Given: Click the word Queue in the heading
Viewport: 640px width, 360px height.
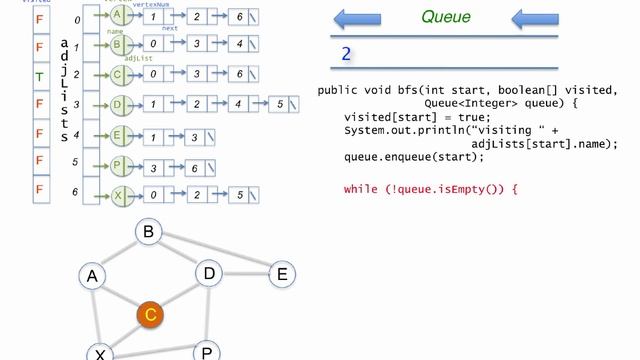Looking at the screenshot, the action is point(446,16).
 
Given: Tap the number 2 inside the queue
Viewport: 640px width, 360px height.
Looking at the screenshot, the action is point(346,54).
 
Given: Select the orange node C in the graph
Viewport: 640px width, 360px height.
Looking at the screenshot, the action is point(150,315).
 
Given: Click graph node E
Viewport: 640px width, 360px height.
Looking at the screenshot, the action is point(282,273).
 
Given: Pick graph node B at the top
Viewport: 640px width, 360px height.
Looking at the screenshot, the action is point(149,233).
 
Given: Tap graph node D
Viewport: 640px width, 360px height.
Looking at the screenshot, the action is point(209,273).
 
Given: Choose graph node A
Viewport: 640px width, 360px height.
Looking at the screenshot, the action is point(93,276).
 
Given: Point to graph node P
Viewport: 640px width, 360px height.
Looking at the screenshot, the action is point(208,351).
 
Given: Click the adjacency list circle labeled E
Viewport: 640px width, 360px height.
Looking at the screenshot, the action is point(118,137).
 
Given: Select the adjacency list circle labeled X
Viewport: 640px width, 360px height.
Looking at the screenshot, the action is point(118,196).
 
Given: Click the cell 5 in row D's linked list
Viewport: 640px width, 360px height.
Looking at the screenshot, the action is point(282,103).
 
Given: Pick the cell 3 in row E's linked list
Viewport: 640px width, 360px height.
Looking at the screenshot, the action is point(194,137).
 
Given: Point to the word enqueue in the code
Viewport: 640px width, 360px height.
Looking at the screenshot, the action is point(408,157).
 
